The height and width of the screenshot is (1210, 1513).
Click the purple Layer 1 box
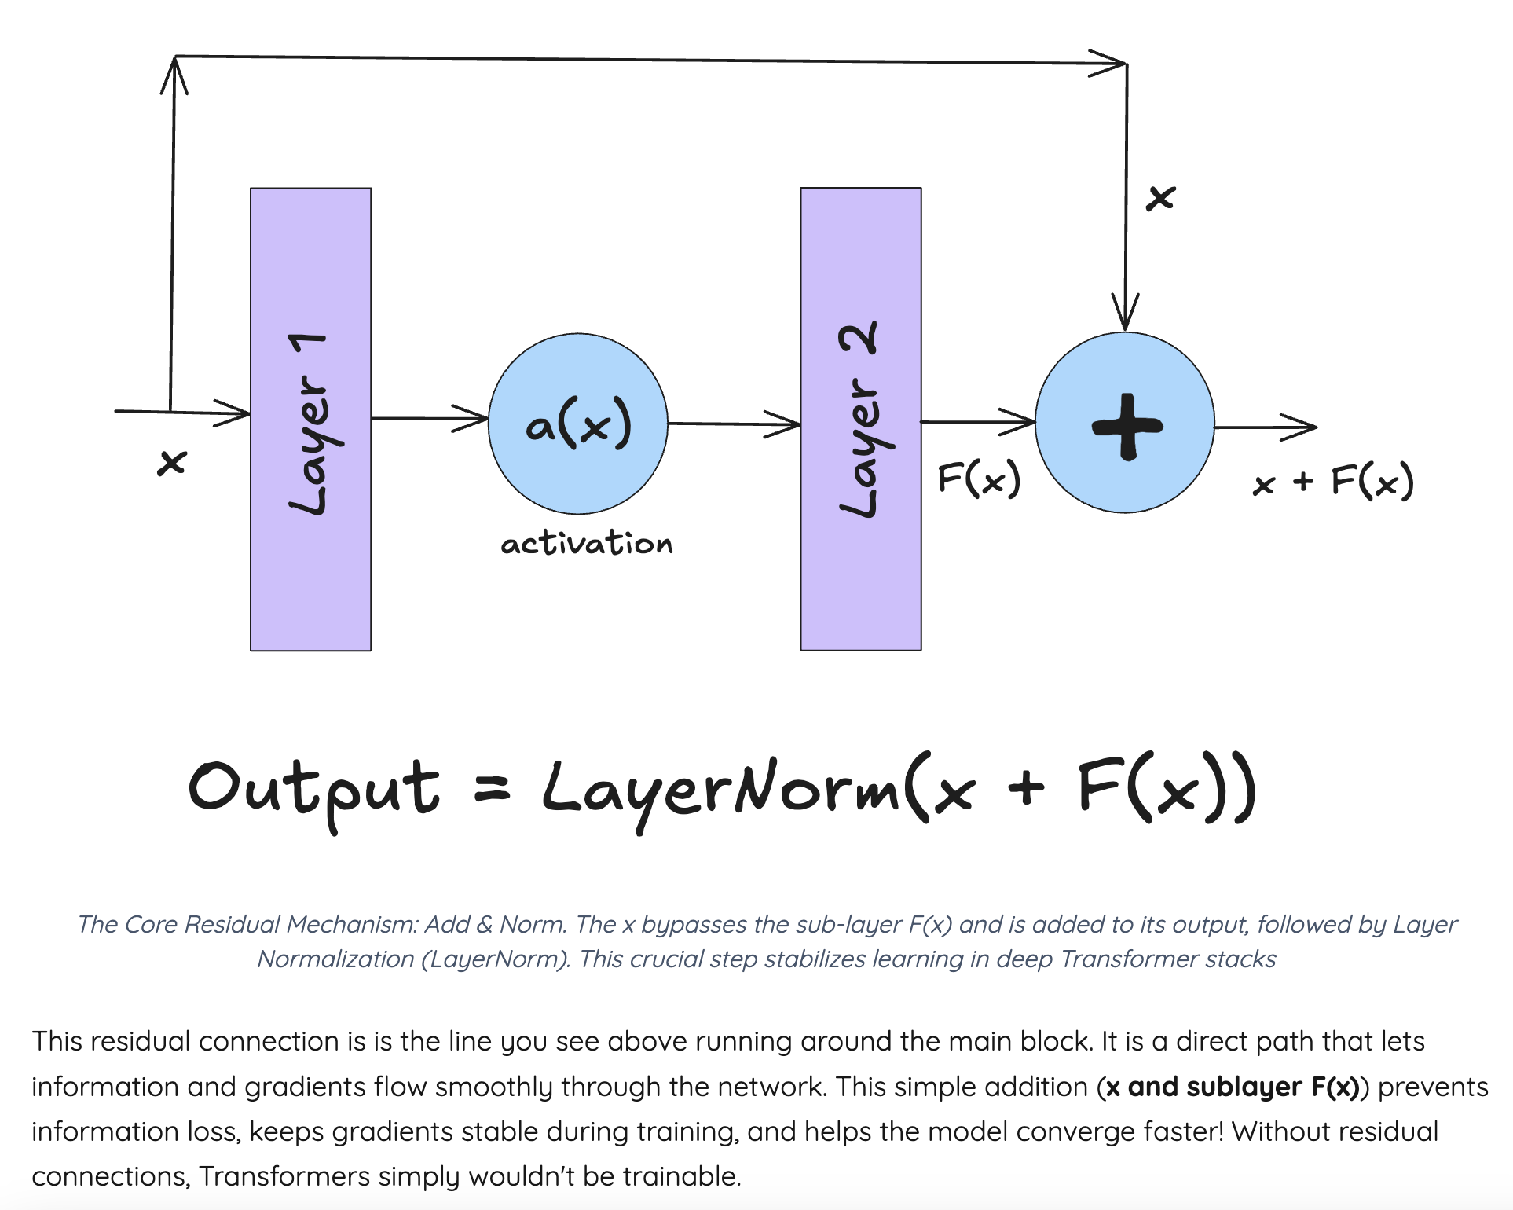tap(310, 419)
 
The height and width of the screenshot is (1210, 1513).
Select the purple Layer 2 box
tap(860, 419)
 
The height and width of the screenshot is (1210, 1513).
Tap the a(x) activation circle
tap(578, 423)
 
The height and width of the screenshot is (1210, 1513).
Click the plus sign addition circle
tap(1125, 423)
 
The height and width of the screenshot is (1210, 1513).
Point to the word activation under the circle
tap(587, 543)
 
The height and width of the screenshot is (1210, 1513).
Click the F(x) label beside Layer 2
tap(979, 478)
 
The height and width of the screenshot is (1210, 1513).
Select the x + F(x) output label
tap(1333, 481)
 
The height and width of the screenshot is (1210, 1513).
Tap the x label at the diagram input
tap(172, 462)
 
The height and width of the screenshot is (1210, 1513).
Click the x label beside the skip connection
tap(1160, 197)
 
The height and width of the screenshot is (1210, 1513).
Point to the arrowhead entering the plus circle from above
tap(1126, 314)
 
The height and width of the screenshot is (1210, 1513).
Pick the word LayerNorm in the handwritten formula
tap(721, 790)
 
